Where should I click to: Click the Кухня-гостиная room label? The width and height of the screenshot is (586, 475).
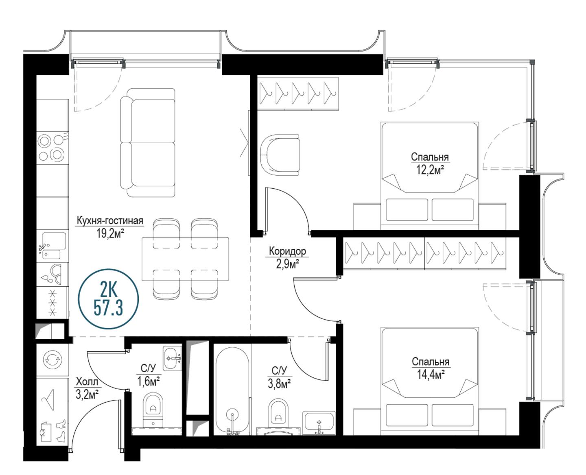tap(110, 221)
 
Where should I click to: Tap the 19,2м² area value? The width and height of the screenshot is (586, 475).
tap(110, 234)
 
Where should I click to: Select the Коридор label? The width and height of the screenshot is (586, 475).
tap(287, 251)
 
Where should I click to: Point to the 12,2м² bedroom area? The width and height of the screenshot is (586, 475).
tap(431, 170)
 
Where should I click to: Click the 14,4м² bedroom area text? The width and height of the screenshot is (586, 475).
tap(431, 375)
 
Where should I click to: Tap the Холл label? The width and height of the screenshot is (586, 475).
tap(87, 381)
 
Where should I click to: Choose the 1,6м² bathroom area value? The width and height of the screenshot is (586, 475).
tap(149, 381)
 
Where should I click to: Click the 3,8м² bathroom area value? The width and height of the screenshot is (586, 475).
tap(279, 384)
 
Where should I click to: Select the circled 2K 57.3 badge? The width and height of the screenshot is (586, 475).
tap(108, 299)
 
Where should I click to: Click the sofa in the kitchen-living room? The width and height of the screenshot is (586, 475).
tap(148, 143)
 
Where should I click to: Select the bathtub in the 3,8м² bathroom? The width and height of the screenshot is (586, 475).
tap(232, 391)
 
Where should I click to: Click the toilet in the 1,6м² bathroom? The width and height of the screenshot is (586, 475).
tap(153, 410)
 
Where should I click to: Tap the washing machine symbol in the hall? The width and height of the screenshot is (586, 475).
tap(52, 360)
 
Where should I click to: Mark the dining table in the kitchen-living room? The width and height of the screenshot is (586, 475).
tap(185, 259)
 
